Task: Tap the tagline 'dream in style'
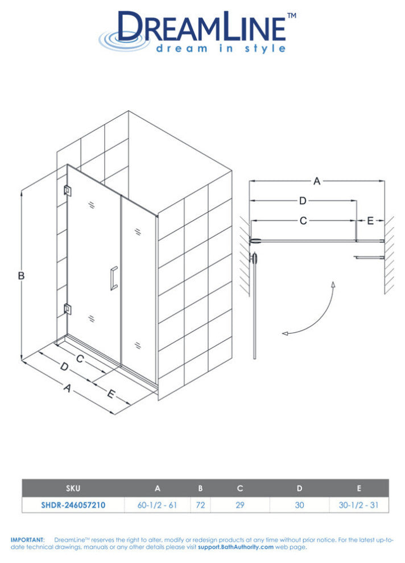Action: (x=221, y=48)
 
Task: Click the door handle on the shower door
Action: (x=114, y=278)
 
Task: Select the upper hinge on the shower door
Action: (x=67, y=191)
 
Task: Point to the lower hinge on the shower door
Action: (x=67, y=309)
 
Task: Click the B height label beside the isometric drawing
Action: (x=21, y=275)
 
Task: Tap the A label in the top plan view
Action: (x=317, y=181)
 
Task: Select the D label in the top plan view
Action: (x=303, y=201)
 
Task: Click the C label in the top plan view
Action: (x=303, y=221)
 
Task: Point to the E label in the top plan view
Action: (x=370, y=221)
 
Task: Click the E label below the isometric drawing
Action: (x=110, y=394)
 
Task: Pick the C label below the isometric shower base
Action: (x=80, y=358)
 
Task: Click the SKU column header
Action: (x=73, y=488)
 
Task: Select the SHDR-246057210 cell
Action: (x=73, y=505)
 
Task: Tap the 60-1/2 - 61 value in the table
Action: (x=157, y=505)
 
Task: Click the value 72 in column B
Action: (x=200, y=505)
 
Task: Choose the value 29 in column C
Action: (x=240, y=505)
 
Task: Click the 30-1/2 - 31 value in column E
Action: (x=359, y=505)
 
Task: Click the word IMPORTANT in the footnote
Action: (x=28, y=540)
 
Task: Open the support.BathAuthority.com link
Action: (x=236, y=547)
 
